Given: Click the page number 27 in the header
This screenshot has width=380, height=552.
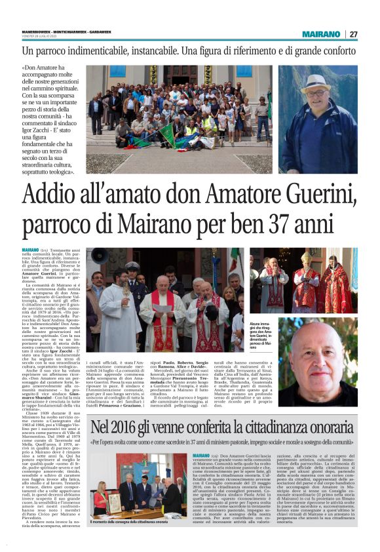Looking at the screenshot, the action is [x=353, y=34].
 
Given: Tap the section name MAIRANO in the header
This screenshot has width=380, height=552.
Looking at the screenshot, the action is [x=320, y=34].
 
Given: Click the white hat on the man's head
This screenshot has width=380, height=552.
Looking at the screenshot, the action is [x=315, y=83].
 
